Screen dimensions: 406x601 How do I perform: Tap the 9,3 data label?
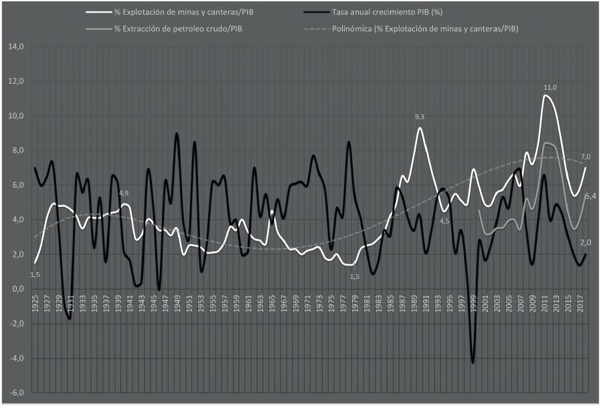[x=419, y=118]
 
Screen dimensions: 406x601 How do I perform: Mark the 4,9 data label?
[x=124, y=194]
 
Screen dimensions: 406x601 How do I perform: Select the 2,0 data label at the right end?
[x=586, y=242]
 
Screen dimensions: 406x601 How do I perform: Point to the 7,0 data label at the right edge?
[x=584, y=157]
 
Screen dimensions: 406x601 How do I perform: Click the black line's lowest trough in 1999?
[x=473, y=363]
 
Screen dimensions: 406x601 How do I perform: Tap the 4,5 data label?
[x=445, y=221]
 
